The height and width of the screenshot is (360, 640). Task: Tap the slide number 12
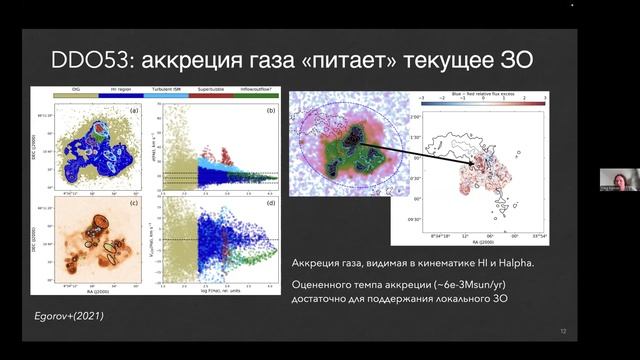pyautogui.click(x=564, y=331)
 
